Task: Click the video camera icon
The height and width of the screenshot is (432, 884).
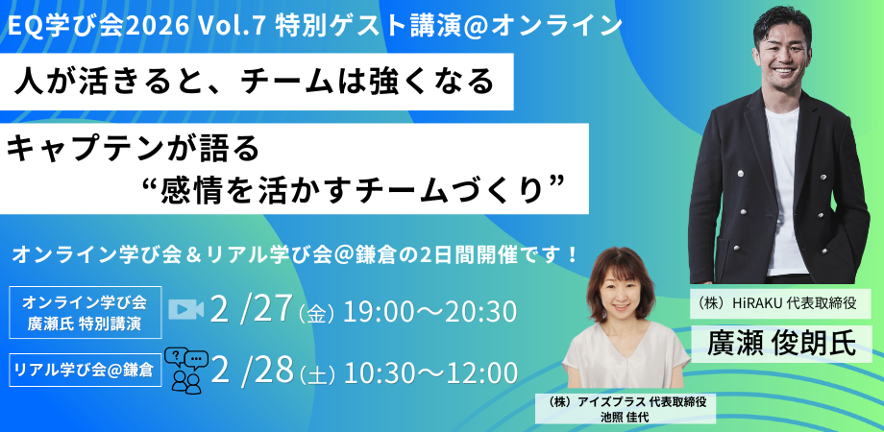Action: (x=186, y=309)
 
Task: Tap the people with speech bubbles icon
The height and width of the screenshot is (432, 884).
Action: (x=186, y=372)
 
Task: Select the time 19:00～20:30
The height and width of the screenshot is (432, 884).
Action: (x=430, y=312)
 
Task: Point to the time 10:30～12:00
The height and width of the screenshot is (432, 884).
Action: (x=430, y=372)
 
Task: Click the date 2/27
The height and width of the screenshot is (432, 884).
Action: (x=251, y=310)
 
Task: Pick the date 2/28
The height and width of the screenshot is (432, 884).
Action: (x=252, y=371)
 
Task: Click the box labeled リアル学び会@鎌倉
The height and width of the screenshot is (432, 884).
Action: (x=86, y=371)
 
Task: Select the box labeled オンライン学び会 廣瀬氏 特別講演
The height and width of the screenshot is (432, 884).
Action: (x=86, y=312)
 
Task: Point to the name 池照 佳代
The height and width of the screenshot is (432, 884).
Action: (x=626, y=418)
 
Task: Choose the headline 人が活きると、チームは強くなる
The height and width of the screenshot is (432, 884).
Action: (x=255, y=83)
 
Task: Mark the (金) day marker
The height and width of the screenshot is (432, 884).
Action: (x=317, y=314)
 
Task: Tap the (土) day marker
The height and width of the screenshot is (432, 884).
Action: (x=318, y=374)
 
